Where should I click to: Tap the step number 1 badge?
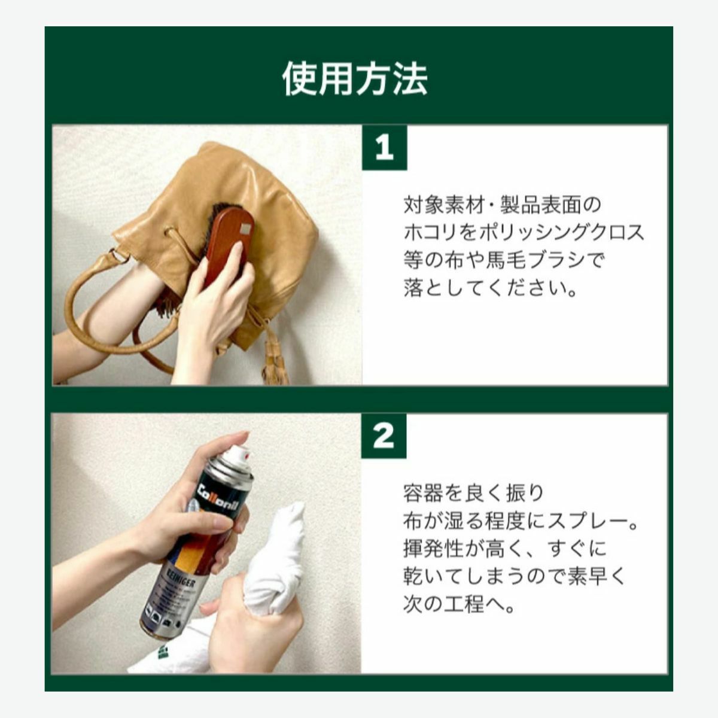pos(384,148)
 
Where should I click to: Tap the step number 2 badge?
pos(384,436)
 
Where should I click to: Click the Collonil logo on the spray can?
pos(220,495)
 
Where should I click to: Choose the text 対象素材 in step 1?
pos(444,205)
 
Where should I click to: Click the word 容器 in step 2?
pos(423,494)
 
